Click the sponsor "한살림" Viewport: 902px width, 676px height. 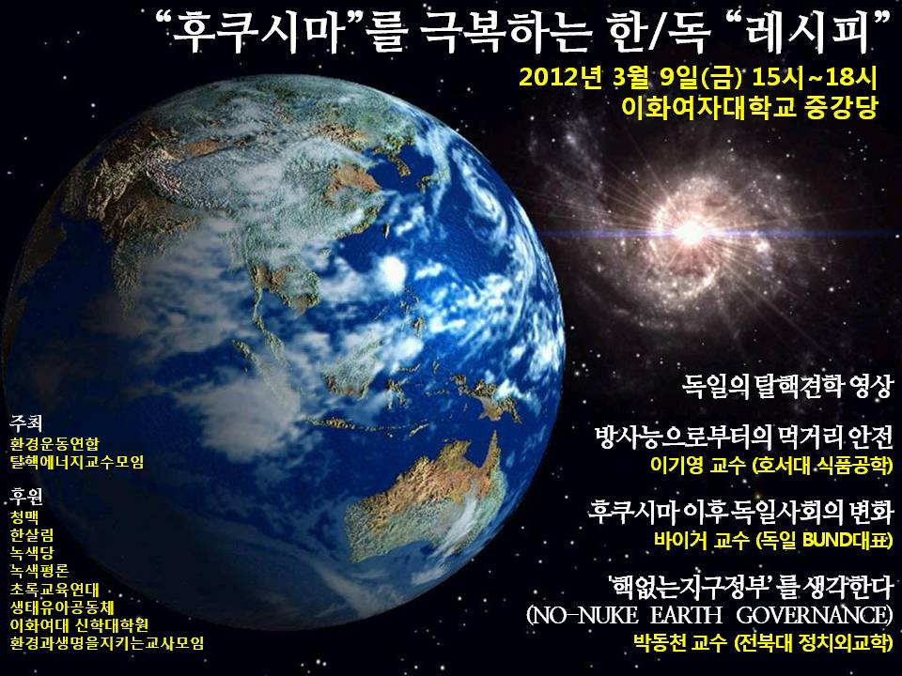[x=31, y=534]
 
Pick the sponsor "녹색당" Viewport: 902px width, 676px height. [x=31, y=552]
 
